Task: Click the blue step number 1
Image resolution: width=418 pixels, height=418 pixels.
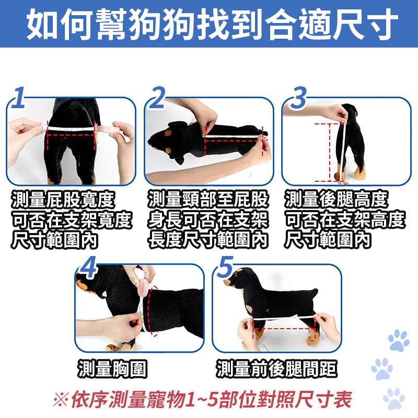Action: [x=19, y=98]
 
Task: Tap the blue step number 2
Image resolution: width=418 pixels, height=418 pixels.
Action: [x=157, y=98]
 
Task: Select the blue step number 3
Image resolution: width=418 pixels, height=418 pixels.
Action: [x=298, y=98]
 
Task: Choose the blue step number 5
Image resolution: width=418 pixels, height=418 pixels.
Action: [x=225, y=267]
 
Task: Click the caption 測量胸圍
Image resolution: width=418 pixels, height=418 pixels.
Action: [x=112, y=369]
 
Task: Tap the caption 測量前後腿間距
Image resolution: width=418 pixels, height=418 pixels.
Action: [x=276, y=369]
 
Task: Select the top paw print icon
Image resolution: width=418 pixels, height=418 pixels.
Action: [x=399, y=341]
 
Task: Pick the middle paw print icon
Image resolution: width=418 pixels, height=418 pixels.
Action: [x=382, y=369]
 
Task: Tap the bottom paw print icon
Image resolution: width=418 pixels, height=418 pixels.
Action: [x=394, y=398]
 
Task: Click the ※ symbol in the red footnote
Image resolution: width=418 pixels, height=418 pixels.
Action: [x=61, y=399]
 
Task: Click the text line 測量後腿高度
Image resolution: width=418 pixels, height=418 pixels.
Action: [x=336, y=200]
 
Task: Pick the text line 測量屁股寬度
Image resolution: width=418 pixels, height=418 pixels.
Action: [x=63, y=200]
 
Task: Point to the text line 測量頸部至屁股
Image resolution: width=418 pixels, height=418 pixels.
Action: [x=208, y=199]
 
